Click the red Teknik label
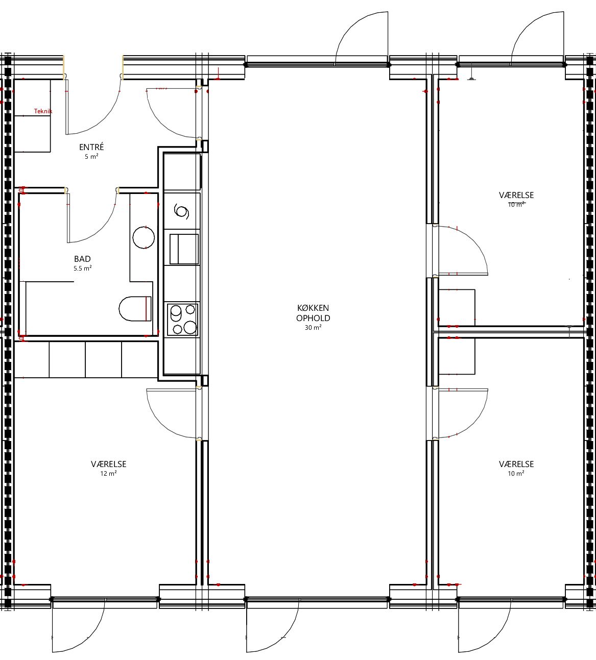[x=43, y=111]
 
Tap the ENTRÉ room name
[x=91, y=146]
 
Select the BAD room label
[x=82, y=259]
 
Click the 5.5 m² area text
[x=82, y=268]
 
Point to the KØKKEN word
[x=313, y=308]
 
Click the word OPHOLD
[x=313, y=318]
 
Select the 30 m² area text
[x=313, y=327]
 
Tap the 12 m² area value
[x=108, y=474]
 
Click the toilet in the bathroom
[x=135, y=309]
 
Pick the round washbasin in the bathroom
[x=144, y=237]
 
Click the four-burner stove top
[x=182, y=319]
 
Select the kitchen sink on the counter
[x=184, y=249]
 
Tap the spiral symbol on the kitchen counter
[x=181, y=211]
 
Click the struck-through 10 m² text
[x=516, y=204]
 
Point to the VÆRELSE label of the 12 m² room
[x=109, y=464]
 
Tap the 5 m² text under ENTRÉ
[x=91, y=157]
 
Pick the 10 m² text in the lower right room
[x=516, y=474]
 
